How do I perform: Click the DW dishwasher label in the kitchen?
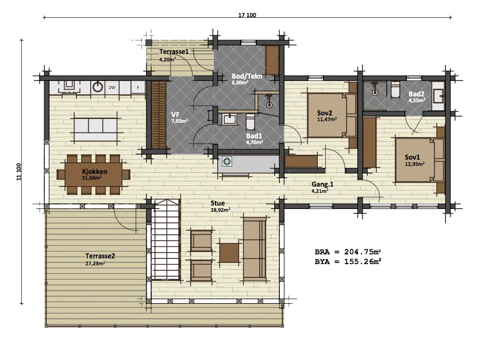[112, 88]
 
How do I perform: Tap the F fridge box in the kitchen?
[138, 88]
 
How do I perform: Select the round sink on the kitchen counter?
[98, 87]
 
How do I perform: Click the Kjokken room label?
[95, 172]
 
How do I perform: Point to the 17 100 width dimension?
[247, 15]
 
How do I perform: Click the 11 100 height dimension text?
[19, 172]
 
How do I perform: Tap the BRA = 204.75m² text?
[348, 252]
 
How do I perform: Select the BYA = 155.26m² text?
[348, 262]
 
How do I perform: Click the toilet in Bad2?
[395, 90]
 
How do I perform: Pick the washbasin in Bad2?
[438, 96]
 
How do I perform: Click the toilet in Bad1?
[250, 122]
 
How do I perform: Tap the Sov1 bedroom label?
[413, 157]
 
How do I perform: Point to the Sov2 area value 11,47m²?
[327, 119]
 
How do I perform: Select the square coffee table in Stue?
[229, 253]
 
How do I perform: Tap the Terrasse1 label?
[174, 52]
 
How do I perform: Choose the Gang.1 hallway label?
[322, 184]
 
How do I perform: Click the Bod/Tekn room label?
[247, 76]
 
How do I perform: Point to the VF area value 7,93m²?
[180, 121]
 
